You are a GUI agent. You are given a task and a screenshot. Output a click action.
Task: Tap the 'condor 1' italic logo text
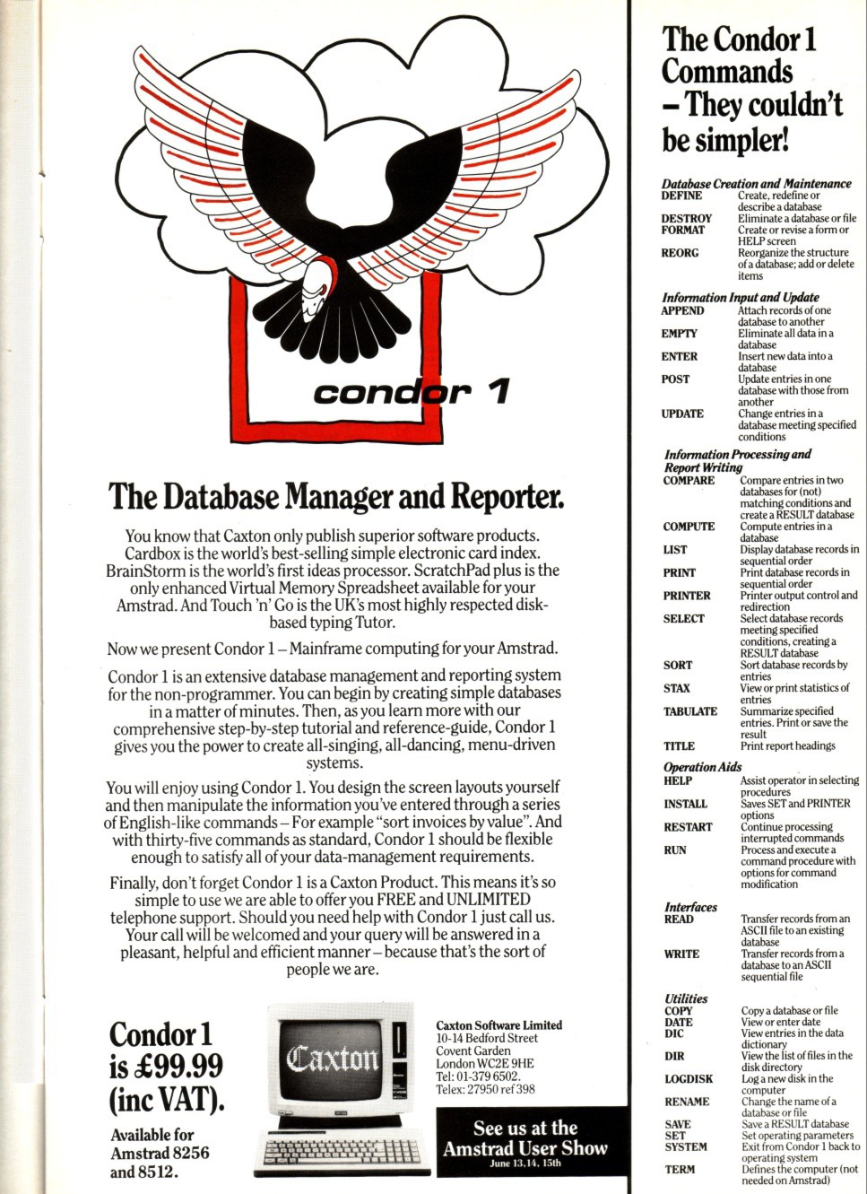pos(412,392)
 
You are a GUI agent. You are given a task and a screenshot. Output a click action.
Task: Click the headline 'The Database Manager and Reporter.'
pos(335,495)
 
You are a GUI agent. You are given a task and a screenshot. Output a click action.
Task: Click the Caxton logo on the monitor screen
pos(333,1059)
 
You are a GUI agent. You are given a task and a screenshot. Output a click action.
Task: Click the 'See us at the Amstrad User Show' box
pos(525,1141)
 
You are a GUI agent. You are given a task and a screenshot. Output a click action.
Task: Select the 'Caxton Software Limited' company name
pos(499,1024)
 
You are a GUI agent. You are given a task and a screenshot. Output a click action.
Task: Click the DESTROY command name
pos(687,218)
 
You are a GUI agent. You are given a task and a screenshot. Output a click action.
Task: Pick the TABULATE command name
pos(690,711)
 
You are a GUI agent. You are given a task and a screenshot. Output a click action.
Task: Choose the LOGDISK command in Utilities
pos(689,1079)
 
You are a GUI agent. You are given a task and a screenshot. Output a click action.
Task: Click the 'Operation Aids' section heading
pos(702,767)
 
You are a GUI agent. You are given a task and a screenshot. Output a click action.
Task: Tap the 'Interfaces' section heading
pos(690,907)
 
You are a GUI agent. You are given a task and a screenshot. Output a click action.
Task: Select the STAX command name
pos(677,688)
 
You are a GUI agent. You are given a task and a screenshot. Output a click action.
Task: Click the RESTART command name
pos(688,827)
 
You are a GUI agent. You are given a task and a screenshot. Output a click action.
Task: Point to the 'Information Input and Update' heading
pos(741,297)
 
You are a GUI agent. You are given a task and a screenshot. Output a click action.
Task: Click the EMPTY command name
pos(679,334)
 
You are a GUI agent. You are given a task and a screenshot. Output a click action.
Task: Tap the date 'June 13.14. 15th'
pos(525,1163)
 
